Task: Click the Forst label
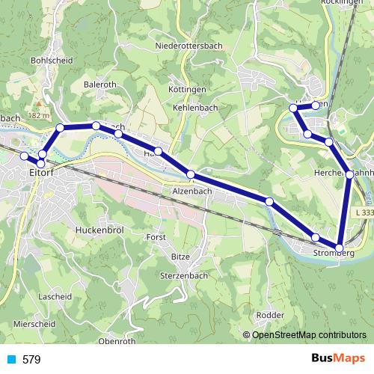156,237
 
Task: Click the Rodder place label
270,315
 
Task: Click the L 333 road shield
363,213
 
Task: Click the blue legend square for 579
10,360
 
